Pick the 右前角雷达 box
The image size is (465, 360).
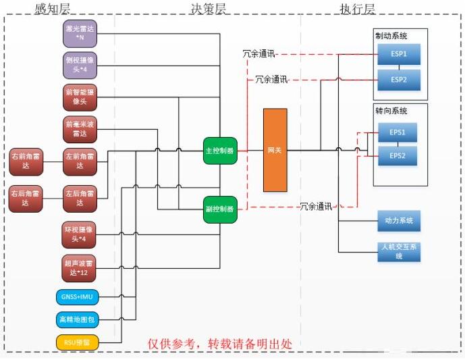tap(27, 161)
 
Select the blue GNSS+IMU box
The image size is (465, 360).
tap(76, 297)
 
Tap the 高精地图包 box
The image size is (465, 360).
tap(76, 319)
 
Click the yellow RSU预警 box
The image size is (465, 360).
tap(76, 342)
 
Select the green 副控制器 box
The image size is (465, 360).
tap(219, 209)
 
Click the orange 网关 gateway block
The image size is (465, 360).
tap(275, 149)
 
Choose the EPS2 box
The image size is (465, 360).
tap(398, 156)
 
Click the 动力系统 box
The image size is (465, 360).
tap(398, 220)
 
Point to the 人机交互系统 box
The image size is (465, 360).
tap(398, 251)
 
